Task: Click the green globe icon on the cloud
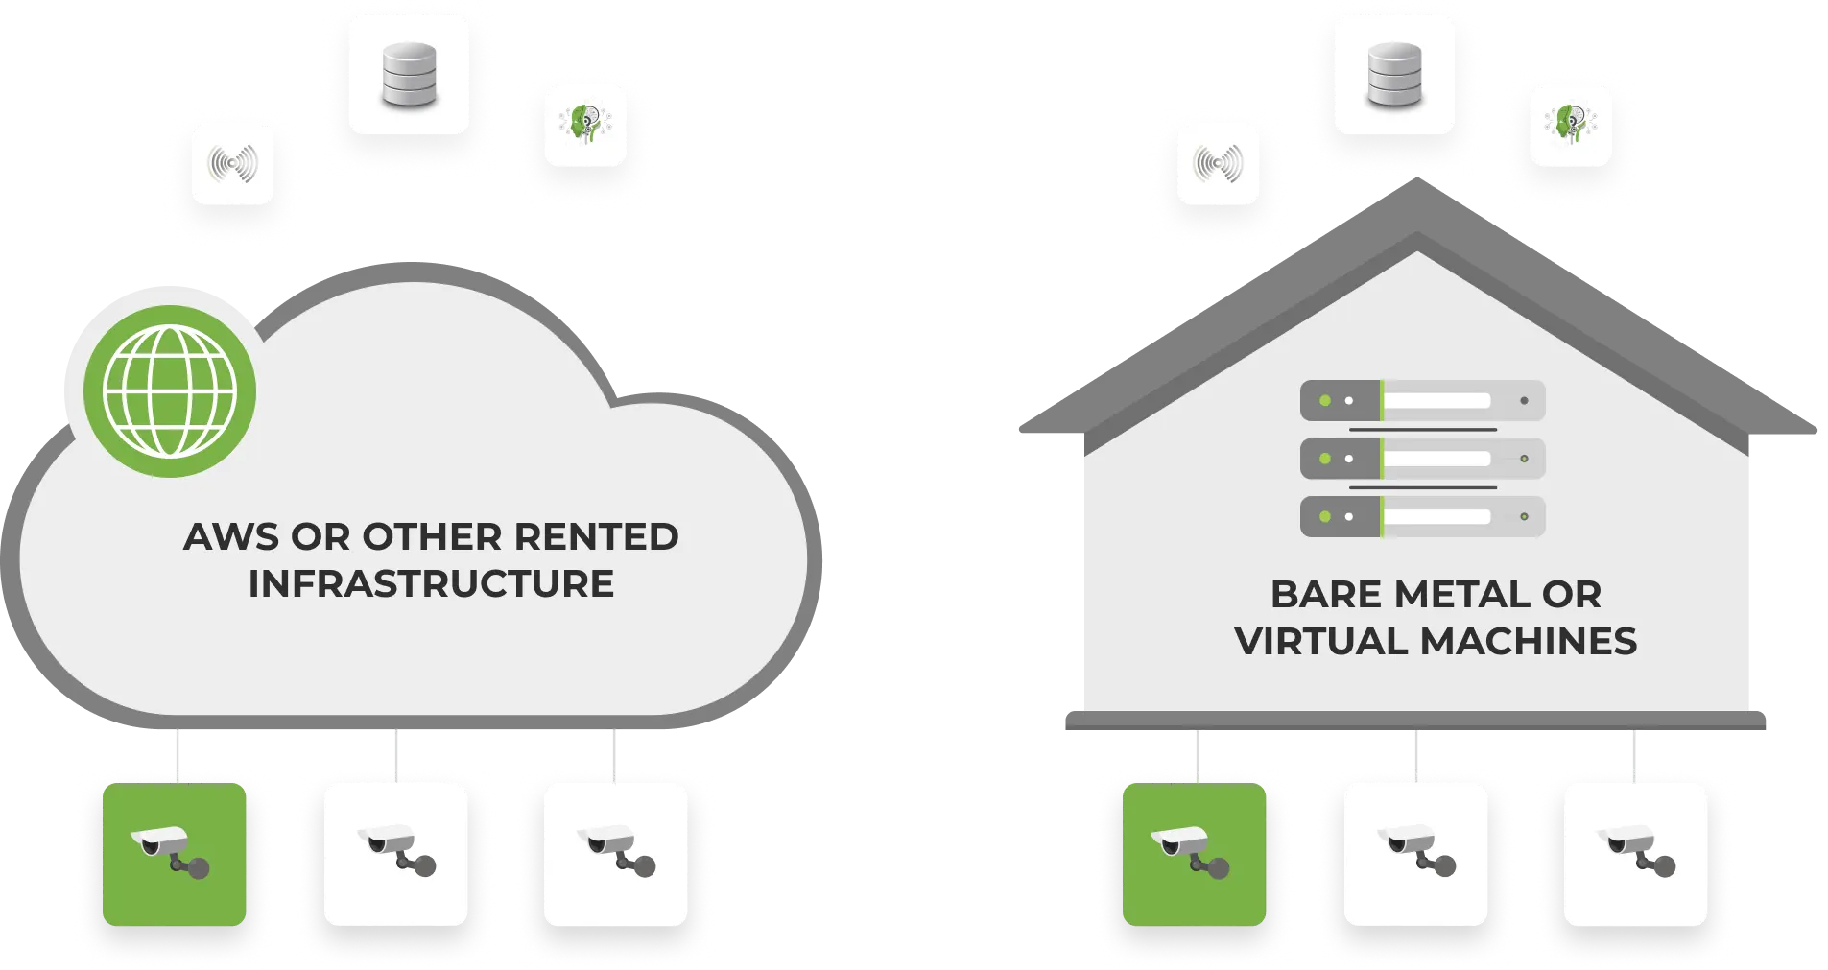[x=170, y=390]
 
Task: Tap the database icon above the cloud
[x=409, y=74]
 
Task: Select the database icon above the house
[x=1394, y=74]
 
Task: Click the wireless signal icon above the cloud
[x=233, y=164]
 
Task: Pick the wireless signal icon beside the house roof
[x=1218, y=164]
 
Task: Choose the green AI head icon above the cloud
[x=585, y=125]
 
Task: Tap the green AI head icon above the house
[x=1570, y=125]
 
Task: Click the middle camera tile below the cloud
[x=395, y=854]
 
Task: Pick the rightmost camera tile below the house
[x=1636, y=854]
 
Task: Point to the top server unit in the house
[x=1422, y=400]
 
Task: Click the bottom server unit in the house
[x=1422, y=516]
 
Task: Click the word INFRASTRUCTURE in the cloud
[x=431, y=584]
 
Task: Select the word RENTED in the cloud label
[x=596, y=537]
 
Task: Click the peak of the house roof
[x=1416, y=197]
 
